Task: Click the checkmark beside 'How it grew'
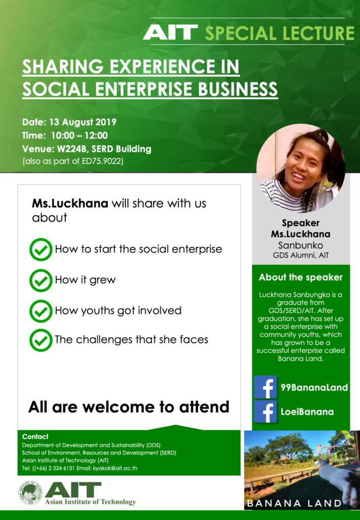click(41, 280)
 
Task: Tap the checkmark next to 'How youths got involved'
click(41, 311)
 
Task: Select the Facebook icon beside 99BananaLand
click(265, 387)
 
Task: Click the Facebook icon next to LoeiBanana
click(265, 411)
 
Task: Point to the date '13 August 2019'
click(83, 122)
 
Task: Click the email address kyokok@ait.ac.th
click(115, 468)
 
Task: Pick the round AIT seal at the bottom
click(30, 493)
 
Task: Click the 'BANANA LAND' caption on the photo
click(294, 503)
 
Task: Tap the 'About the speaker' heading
click(301, 277)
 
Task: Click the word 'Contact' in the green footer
click(35, 436)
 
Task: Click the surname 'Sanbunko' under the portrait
click(300, 245)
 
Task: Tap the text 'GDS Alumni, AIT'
click(301, 255)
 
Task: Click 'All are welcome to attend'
click(128, 407)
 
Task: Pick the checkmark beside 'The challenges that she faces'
click(41, 340)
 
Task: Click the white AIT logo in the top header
click(171, 32)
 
